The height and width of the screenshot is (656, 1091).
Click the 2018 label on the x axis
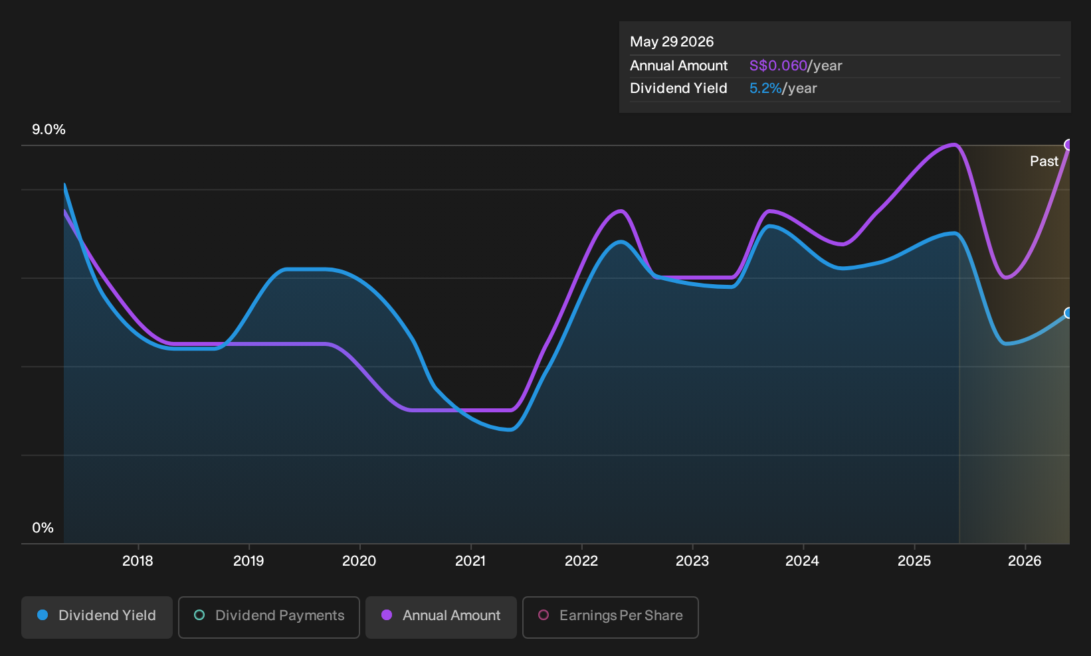(x=138, y=561)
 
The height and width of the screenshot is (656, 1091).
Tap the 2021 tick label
(x=470, y=561)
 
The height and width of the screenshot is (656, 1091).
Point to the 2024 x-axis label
(x=803, y=561)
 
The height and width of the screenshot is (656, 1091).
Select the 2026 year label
(x=1025, y=561)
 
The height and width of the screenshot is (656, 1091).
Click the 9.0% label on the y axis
(x=49, y=129)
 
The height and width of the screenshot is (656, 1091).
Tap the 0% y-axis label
(x=43, y=528)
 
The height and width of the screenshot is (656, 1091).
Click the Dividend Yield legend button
(x=97, y=617)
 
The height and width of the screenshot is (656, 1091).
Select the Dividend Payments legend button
(x=269, y=617)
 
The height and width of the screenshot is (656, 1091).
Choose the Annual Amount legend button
(x=441, y=617)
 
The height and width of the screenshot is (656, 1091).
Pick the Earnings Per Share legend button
(x=610, y=617)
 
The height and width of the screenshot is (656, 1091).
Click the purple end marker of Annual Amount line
(x=1068, y=145)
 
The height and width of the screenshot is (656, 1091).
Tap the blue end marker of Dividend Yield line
(x=1068, y=313)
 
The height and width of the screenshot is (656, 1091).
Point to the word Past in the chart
(x=1044, y=161)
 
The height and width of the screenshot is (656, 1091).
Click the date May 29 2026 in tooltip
(x=672, y=42)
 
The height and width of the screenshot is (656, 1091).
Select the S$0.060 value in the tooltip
(x=778, y=66)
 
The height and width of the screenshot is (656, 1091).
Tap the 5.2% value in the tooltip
(x=765, y=88)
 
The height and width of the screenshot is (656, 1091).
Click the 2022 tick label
(x=581, y=561)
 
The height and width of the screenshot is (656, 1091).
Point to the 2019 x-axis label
(x=248, y=561)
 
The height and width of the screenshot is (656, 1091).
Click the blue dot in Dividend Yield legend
(x=43, y=615)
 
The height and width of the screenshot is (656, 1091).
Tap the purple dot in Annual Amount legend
(x=387, y=615)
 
